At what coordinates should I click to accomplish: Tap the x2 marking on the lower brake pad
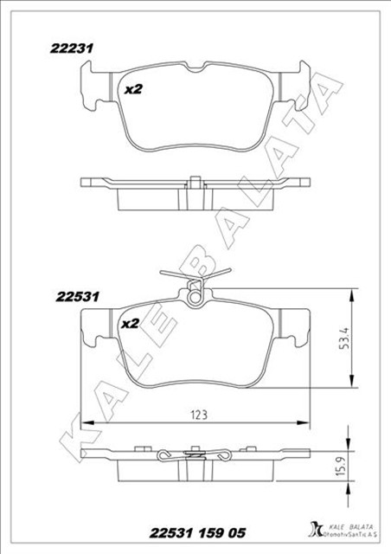[x=130, y=324]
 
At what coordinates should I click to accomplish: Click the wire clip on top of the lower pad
[x=195, y=282]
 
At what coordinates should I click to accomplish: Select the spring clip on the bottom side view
[x=195, y=456]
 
